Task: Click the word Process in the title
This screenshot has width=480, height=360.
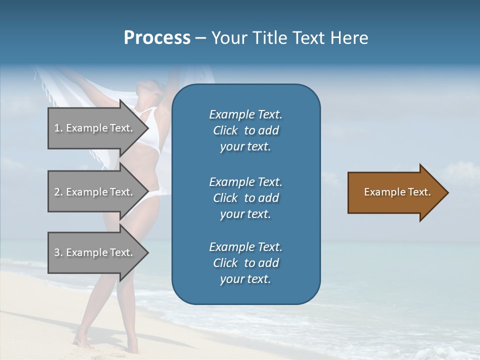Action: point(157,38)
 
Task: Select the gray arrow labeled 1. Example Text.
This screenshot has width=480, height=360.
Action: point(95,128)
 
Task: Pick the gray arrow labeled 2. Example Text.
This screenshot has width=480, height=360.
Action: point(95,192)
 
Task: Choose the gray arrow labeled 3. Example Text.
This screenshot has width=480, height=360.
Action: point(95,252)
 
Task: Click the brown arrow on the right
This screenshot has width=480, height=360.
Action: point(395,192)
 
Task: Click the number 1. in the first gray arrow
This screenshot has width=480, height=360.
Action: point(58,128)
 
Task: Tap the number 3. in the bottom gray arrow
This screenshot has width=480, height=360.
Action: point(58,252)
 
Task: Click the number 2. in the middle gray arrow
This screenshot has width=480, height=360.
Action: point(58,192)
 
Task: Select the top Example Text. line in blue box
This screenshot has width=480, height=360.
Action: point(245,114)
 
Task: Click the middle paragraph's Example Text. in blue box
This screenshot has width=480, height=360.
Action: point(245,181)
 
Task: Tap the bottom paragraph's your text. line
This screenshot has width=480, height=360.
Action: point(245,279)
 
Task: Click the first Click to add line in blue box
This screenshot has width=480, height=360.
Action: point(245,130)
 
